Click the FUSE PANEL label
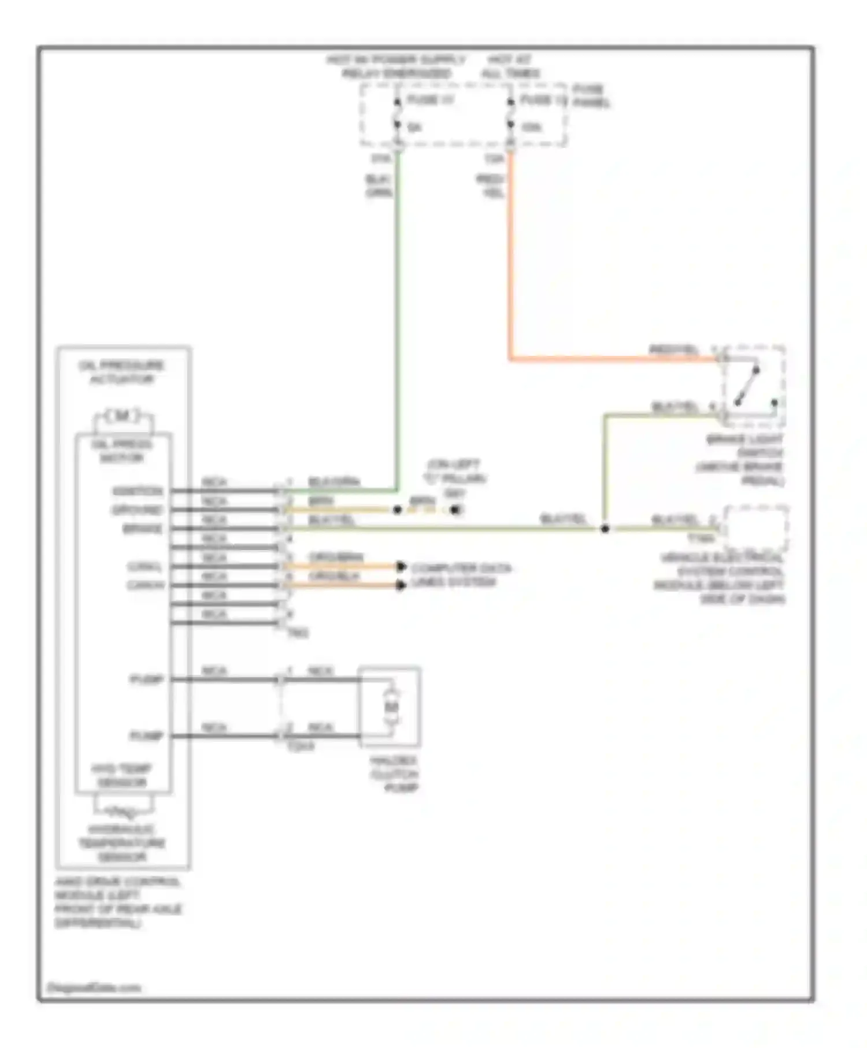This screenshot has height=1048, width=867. click(x=591, y=96)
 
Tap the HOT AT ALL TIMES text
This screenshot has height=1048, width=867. click(x=510, y=66)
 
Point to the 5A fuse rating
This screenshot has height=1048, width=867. click(x=414, y=127)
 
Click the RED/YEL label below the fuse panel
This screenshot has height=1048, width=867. click(x=491, y=187)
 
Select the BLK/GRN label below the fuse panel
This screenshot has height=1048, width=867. click(x=379, y=186)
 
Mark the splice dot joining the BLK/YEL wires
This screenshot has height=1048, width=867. click(x=605, y=529)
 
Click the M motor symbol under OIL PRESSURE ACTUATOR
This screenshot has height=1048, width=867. click(x=123, y=416)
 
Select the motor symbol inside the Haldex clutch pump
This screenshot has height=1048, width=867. click(x=391, y=707)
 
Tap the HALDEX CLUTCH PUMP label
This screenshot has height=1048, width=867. click(x=394, y=774)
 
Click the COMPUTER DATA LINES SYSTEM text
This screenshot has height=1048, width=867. click(x=461, y=575)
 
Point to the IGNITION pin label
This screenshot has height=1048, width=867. click(x=138, y=491)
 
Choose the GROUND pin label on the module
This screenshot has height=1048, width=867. click(x=138, y=510)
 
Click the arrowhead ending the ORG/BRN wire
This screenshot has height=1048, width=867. click(x=401, y=567)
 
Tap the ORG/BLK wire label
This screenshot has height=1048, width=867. click(x=334, y=577)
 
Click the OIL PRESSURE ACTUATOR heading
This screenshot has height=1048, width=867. click(x=122, y=372)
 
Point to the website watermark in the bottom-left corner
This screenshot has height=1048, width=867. click(x=94, y=987)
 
